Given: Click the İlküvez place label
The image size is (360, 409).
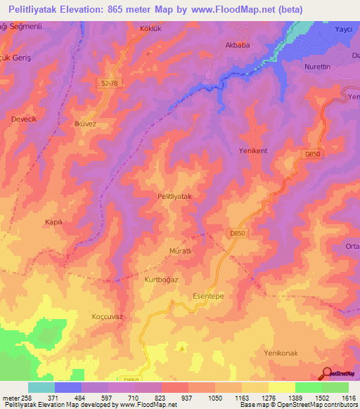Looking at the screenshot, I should (84, 123).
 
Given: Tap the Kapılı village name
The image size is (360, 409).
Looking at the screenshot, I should (54, 221).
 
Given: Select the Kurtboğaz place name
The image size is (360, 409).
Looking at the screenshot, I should (161, 280).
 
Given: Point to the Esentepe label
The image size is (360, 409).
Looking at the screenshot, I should (208, 297).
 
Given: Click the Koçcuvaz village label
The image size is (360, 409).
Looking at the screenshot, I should (108, 317).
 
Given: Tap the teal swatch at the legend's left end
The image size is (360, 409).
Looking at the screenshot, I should (41, 387).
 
